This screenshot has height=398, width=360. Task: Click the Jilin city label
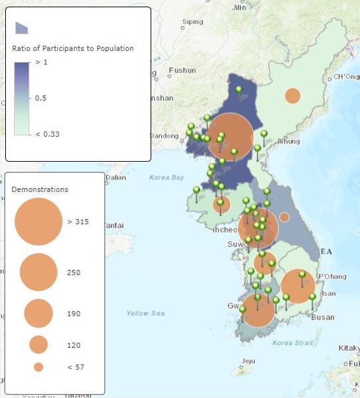click(238, 7)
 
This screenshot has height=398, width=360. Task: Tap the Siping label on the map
click(192, 22)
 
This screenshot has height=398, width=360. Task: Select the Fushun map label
click(182, 70)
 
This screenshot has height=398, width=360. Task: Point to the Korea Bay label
click(166, 177)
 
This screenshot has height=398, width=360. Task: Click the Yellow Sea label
click(145, 313)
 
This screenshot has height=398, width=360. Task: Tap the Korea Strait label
click(292, 343)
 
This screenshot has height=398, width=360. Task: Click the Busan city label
click(322, 317)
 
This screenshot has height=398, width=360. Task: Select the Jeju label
click(248, 361)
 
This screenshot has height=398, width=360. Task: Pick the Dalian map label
click(116, 177)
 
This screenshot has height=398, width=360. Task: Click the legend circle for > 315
click(38, 222)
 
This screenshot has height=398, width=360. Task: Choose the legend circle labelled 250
click(38, 272)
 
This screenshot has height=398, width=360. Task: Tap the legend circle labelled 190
click(38, 313)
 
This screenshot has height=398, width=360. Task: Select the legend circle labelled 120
click(38, 344)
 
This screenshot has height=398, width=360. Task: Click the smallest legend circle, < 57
click(38, 367)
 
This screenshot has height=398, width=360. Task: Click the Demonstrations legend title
click(40, 189)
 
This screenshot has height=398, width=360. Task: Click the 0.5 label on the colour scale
click(41, 98)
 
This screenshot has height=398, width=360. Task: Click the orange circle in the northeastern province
click(293, 96)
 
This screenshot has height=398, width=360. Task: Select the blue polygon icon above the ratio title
click(22, 27)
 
